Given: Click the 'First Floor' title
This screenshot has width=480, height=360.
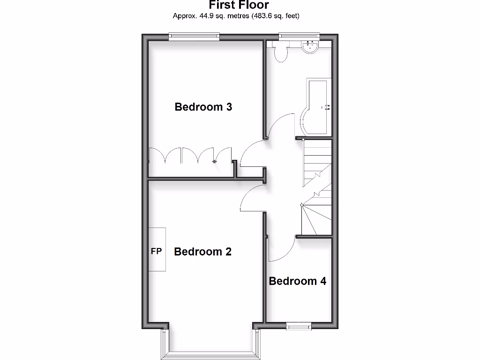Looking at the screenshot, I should [x=239, y=6].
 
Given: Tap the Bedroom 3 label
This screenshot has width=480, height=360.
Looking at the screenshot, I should [x=203, y=107].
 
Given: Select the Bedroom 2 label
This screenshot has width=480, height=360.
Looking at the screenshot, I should [x=202, y=252].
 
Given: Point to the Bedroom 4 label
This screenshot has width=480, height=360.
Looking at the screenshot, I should [x=297, y=281].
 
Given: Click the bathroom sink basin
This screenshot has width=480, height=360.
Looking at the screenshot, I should [x=310, y=46].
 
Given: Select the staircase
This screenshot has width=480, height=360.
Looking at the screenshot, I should [x=316, y=187].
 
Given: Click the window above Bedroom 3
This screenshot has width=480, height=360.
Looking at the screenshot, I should [x=194, y=37].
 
